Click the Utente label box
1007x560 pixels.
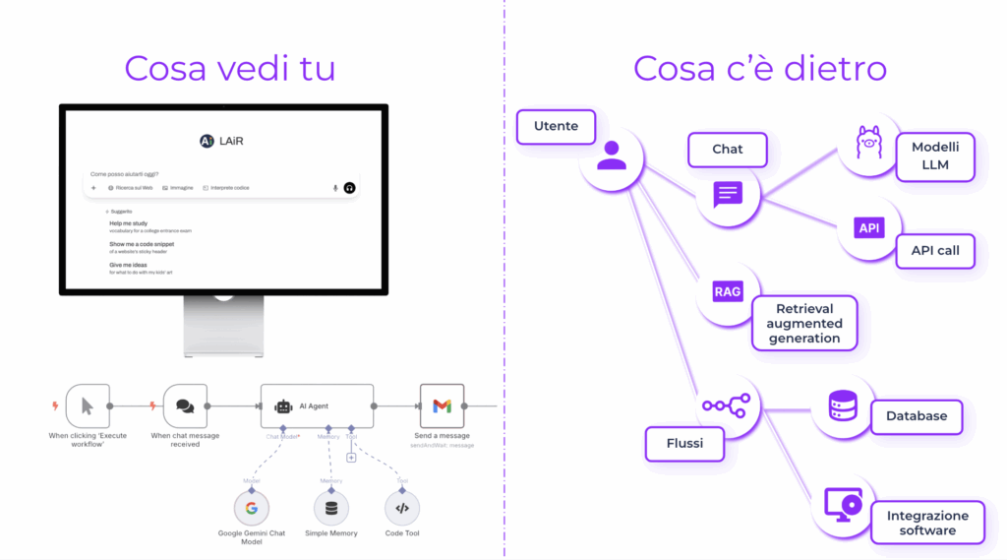click(556, 127)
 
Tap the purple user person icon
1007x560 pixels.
click(611, 156)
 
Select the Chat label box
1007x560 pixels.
click(728, 150)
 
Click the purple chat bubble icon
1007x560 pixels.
click(728, 194)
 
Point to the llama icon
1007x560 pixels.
click(869, 144)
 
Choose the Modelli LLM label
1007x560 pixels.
click(935, 156)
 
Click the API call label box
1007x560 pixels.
click(935, 250)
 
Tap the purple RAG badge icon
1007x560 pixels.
click(728, 292)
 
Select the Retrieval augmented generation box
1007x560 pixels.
click(805, 324)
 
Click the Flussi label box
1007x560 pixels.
click(683, 443)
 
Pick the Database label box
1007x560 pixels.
click(917, 416)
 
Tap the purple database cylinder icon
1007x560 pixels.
click(843, 405)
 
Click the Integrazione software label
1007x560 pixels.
click(927, 523)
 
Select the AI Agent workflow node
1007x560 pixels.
click(317, 404)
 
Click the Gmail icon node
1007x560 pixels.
click(442, 405)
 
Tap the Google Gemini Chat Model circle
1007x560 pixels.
click(251, 508)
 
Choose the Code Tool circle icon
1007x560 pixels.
click(401, 508)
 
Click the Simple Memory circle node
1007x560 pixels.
click(330, 508)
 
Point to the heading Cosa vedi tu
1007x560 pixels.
click(230, 69)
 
